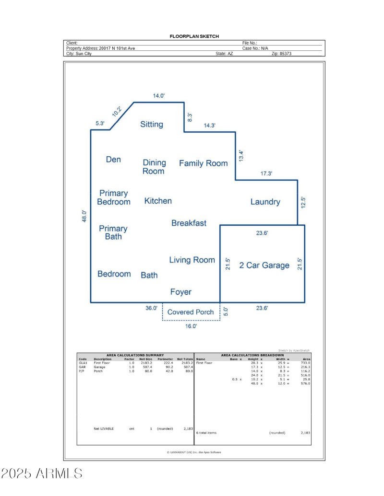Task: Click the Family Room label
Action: pos(203,163)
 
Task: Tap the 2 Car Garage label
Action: pos(264,265)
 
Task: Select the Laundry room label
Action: pos(265,202)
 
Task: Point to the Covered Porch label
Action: pos(191,312)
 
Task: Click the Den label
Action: pos(113,160)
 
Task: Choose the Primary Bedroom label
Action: pos(113,197)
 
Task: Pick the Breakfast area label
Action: pos(189,223)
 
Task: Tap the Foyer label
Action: pos(180,292)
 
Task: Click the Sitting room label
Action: pos(152,124)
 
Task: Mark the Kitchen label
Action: pos(158,201)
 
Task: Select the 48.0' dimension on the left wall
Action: pos(84,216)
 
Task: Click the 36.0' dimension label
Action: pos(151,308)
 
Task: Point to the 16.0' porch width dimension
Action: pos(191,326)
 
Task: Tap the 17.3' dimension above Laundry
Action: pos(266,174)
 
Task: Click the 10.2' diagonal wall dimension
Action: pos(117,111)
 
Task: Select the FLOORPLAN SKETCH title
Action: pos(194,36)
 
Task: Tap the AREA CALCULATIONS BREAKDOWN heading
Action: pos(252,355)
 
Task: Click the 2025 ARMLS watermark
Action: pos(42,473)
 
